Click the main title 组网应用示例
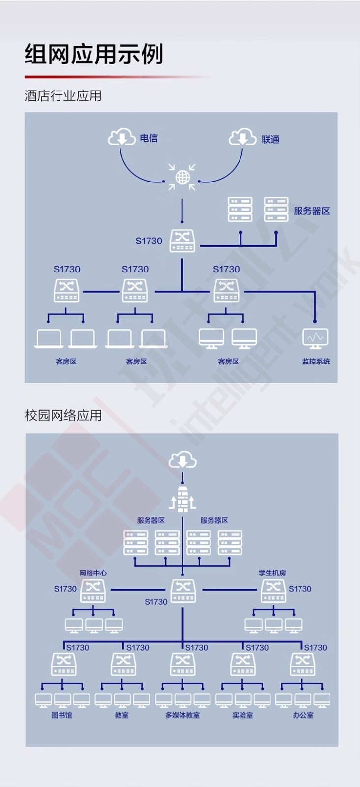[94, 55]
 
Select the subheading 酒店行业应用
[63, 95]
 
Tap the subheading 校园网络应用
[63, 415]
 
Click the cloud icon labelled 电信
[121, 137]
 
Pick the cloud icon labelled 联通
[242, 137]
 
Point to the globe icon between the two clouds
[182, 178]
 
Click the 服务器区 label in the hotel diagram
[312, 211]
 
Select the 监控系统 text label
[316, 362]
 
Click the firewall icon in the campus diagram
[182, 499]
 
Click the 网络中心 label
[93, 573]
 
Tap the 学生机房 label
[272, 573]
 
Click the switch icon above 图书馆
[63, 665]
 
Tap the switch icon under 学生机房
[273, 591]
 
